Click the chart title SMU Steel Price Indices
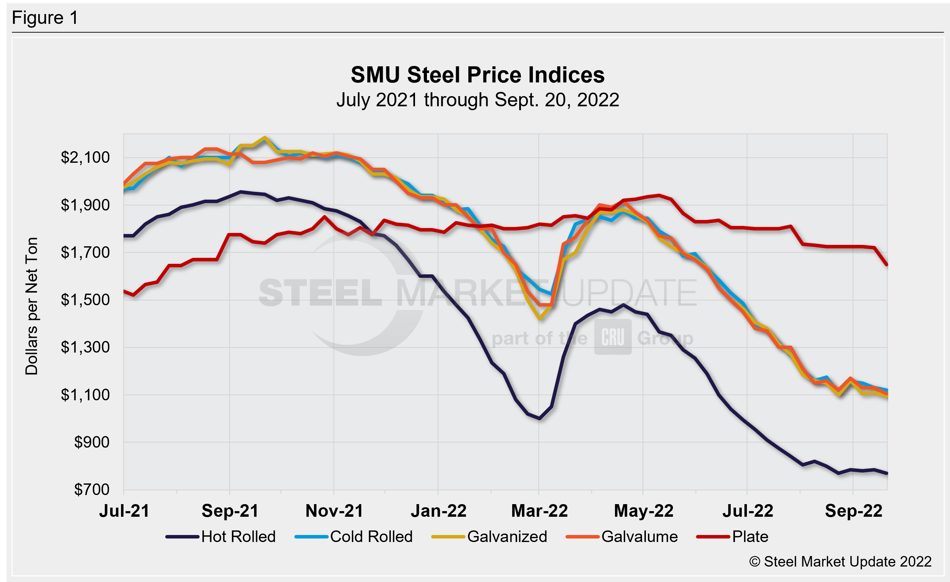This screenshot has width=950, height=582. point(477,75)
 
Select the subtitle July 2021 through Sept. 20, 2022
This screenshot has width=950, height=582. point(477,100)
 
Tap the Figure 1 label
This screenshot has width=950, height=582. point(45,18)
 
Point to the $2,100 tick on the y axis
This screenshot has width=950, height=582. point(85,157)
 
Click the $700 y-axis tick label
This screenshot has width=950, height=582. point(92,489)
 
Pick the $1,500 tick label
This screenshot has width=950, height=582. point(85,300)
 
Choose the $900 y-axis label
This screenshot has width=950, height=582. point(92,442)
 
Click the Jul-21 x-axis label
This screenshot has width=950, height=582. point(124,511)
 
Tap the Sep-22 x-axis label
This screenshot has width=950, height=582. point(854,511)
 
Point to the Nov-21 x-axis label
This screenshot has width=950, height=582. point(334,511)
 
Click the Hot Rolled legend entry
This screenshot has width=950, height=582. point(221,536)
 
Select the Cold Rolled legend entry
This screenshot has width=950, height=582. point(354,536)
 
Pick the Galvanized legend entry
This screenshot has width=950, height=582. point(489,536)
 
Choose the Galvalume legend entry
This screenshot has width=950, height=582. point(622,536)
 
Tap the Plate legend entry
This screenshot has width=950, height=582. point(732,536)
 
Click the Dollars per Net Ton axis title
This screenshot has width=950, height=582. point(32,306)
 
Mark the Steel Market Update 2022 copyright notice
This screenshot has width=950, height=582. point(840,562)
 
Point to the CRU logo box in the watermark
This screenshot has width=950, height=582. point(613,337)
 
